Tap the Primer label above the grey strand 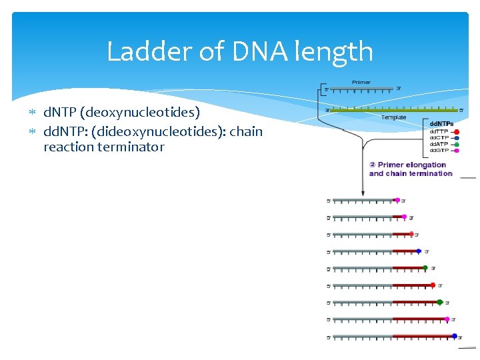tap(361, 83)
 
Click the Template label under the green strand tap(393, 117)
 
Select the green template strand tap(393, 110)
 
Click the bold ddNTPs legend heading tap(441, 124)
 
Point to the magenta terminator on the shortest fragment tap(397, 200)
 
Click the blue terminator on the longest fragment tap(455, 336)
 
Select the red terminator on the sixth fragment tap(433, 285)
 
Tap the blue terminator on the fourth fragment tap(419, 251)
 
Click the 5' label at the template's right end tap(462, 110)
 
